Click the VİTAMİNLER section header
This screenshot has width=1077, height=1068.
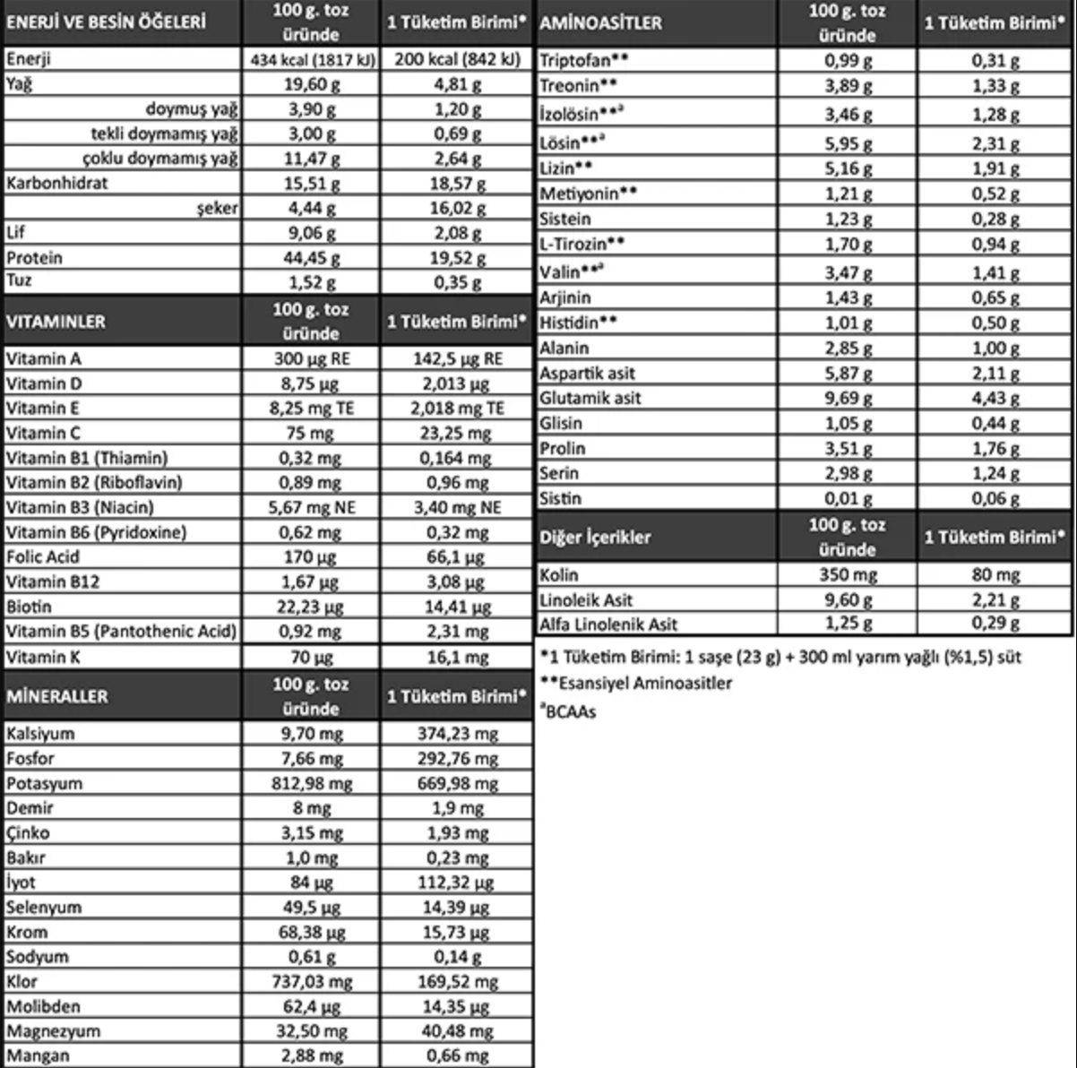click(x=56, y=322)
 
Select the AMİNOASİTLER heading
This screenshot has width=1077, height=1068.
click(x=600, y=23)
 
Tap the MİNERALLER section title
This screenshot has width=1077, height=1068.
click(x=57, y=696)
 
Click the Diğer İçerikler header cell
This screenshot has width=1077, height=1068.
click(x=595, y=538)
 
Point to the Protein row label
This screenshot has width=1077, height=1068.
click(x=35, y=258)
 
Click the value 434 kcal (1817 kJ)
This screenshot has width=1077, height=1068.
click(x=312, y=60)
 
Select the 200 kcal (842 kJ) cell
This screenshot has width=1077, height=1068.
click(x=457, y=60)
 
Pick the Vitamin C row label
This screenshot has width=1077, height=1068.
click(x=45, y=433)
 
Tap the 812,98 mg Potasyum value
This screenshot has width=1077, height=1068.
click(x=311, y=783)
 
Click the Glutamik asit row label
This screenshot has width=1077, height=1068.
click(x=590, y=398)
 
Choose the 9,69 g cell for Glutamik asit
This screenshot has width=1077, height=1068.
click(x=848, y=398)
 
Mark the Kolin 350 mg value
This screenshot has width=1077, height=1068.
click(x=848, y=575)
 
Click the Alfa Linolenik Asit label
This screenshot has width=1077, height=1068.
click(x=608, y=624)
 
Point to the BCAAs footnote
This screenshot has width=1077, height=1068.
click(x=569, y=712)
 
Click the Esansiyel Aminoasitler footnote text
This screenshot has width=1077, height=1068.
click(x=636, y=683)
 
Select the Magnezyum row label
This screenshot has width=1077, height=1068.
click(x=53, y=1030)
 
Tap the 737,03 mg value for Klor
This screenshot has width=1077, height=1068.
click(x=311, y=981)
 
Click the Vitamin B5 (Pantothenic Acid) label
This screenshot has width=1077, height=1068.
click(x=121, y=631)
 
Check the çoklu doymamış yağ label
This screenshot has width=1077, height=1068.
click(x=160, y=159)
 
